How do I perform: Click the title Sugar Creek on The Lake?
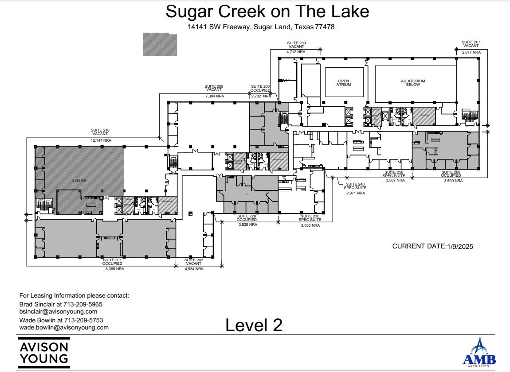pos(267,12)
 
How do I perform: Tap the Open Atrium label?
pos(344,83)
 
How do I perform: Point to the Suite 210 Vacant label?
pos(101,132)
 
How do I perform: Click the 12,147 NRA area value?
pos(101,140)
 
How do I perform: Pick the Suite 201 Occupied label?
pos(113,262)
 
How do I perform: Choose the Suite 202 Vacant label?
pos(194,262)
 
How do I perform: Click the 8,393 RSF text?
pos(80,181)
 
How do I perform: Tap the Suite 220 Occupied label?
pos(247,218)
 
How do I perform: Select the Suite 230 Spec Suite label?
pos(310,218)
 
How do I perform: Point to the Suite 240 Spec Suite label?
pos(355,186)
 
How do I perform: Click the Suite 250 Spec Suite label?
pos(394,174)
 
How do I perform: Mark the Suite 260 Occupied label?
pos(451,174)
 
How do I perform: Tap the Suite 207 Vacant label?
pos(471,44)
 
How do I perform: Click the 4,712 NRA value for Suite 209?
pos(296,52)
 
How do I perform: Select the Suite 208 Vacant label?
pos(214,88)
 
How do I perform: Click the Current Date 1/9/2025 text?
pos(432,246)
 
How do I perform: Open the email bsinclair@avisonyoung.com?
pos(58,312)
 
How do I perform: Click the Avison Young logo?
pos(44,353)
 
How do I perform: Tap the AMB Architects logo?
pos(479,353)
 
